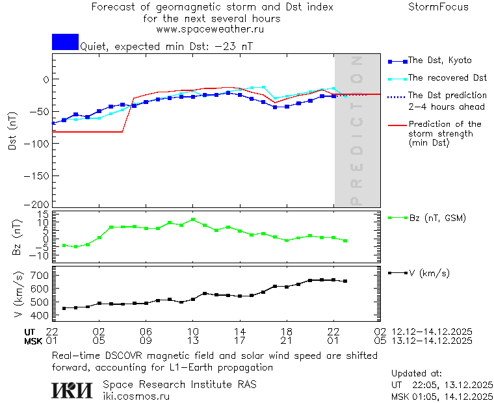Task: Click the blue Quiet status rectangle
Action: click(x=65, y=42)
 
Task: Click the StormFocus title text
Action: click(x=438, y=7)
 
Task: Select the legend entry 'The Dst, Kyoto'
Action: click(x=439, y=60)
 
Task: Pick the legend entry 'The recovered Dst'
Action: click(x=447, y=77)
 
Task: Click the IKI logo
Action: click(x=73, y=389)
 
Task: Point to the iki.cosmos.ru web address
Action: click(x=136, y=395)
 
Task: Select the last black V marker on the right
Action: click(x=345, y=281)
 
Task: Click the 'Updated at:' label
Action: click(x=417, y=373)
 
